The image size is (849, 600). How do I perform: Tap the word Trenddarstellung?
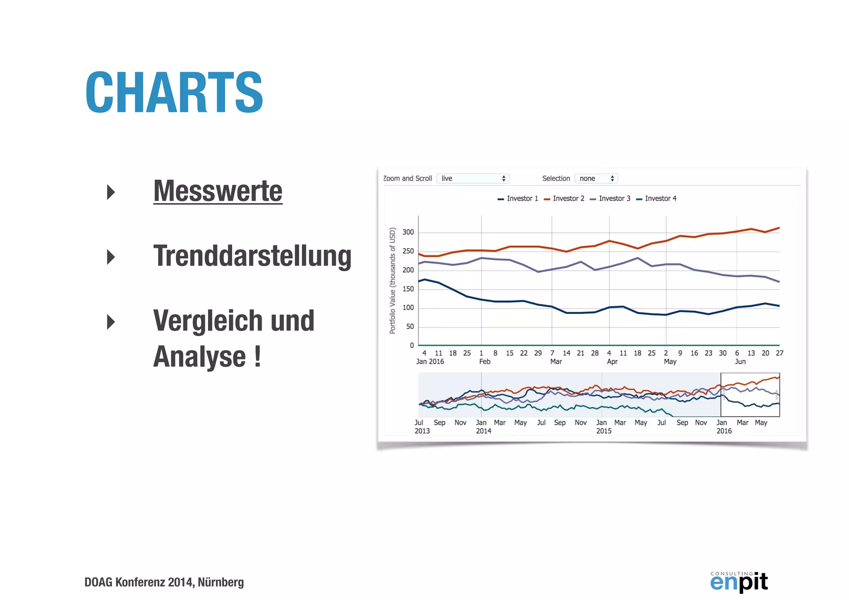click(x=252, y=256)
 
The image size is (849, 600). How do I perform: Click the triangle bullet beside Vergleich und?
click(x=111, y=322)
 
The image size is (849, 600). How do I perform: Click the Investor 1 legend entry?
click(x=518, y=199)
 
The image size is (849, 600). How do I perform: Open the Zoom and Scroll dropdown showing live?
click(x=473, y=178)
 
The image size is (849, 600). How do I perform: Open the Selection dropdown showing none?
click(x=596, y=178)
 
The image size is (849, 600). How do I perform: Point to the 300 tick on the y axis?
click(x=408, y=232)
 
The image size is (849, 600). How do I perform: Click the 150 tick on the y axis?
click(x=408, y=289)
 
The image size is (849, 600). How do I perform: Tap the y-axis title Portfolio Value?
click(x=392, y=280)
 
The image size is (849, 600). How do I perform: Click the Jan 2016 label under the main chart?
click(x=430, y=362)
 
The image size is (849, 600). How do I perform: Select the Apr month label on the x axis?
click(x=612, y=362)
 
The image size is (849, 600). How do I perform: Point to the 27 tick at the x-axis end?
click(x=779, y=353)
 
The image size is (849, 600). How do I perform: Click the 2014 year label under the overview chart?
click(x=483, y=431)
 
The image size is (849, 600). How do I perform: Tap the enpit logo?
click(x=739, y=581)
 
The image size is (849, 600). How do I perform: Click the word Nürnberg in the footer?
click(x=221, y=582)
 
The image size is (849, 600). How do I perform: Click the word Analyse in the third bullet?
click(x=199, y=357)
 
